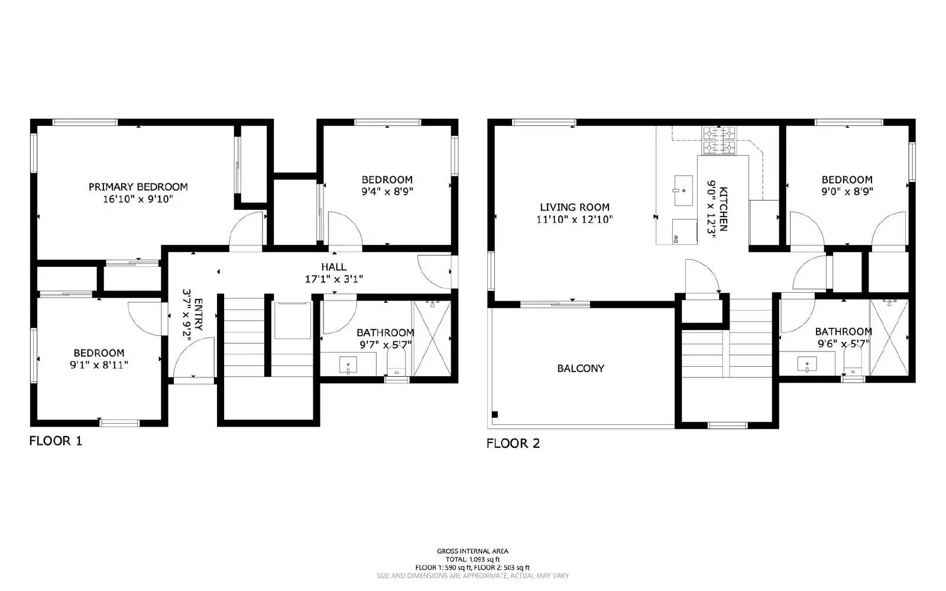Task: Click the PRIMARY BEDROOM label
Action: [138, 187]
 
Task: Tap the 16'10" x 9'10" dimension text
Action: [138, 199]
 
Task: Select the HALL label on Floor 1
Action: [334, 267]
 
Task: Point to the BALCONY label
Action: [581, 369]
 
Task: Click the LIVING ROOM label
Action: [574, 207]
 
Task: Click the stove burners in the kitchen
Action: [718, 140]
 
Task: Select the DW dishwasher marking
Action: [675, 238]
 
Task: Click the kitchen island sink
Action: [683, 190]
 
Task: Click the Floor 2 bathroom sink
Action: [807, 364]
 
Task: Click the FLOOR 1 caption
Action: [56, 441]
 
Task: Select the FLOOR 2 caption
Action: [513, 443]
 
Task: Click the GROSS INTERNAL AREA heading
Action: [472, 551]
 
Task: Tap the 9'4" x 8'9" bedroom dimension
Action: [387, 192]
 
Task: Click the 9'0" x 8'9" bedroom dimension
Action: [847, 192]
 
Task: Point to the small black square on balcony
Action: [495, 414]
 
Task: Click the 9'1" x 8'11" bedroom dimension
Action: [99, 365]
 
